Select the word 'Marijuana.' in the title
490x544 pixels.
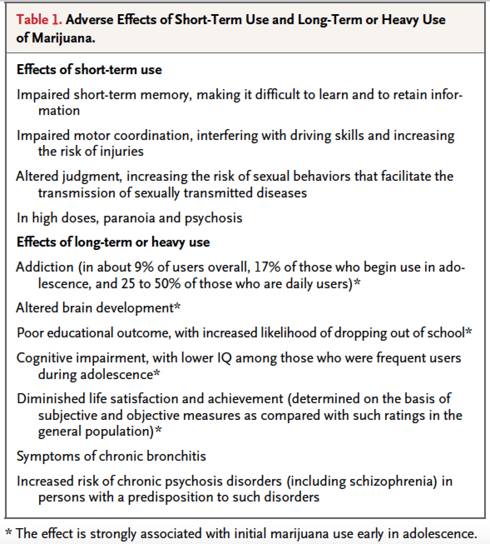tap(64, 38)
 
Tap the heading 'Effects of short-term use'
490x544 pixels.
tap(89, 69)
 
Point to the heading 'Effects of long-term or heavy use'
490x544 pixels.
tap(113, 242)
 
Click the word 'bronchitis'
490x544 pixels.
tap(177, 456)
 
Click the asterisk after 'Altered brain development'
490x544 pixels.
tap(177, 307)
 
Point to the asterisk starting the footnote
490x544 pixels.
tap(9, 533)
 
